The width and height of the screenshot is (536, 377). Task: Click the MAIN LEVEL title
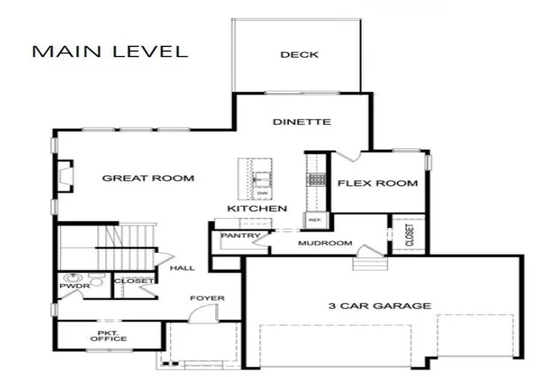click(x=110, y=52)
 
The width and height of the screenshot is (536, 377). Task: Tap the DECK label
click(x=300, y=54)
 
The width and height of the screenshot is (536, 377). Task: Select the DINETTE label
click(x=301, y=121)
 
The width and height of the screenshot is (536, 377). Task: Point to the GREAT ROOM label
click(x=148, y=178)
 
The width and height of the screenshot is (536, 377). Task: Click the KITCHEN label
click(x=257, y=209)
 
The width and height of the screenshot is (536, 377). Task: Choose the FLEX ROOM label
click(x=378, y=183)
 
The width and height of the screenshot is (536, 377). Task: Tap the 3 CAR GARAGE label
click(x=379, y=306)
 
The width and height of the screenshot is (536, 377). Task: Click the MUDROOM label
click(x=325, y=243)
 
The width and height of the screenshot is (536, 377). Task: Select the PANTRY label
click(x=240, y=235)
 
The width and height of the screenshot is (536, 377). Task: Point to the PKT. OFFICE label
click(x=109, y=336)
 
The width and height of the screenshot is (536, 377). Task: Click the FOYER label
click(x=208, y=298)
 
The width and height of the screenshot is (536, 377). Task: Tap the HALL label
click(x=183, y=268)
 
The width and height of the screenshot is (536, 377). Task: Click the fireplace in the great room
click(x=65, y=177)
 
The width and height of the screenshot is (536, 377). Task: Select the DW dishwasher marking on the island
click(x=262, y=194)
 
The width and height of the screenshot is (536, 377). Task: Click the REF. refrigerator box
click(x=316, y=220)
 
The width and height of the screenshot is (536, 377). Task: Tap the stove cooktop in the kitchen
click(x=317, y=179)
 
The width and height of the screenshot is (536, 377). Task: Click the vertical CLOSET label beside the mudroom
click(x=410, y=235)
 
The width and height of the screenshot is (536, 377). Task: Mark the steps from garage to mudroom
click(x=370, y=264)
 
